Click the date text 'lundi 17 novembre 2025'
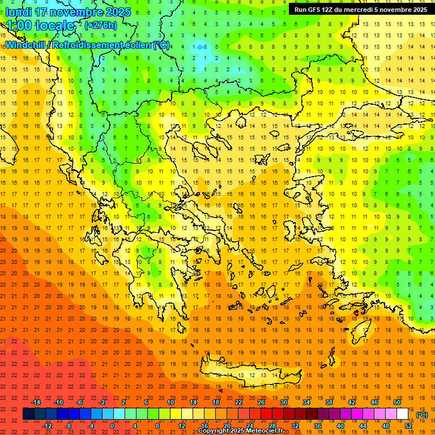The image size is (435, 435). pyautogui.click(x=68, y=12)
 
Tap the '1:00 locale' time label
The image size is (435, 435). pyautogui.click(x=41, y=25)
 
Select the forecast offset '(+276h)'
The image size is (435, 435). pyautogui.click(x=101, y=25)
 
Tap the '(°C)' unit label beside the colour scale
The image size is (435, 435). pyautogui.click(x=422, y=415)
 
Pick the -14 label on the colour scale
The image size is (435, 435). pyautogui.click(x=36, y=402)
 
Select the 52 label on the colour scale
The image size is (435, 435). pyautogui.click(x=408, y=426)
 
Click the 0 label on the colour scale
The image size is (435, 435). pyautogui.click(x=112, y=426)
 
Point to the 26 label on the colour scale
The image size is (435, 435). pyautogui.click(x=261, y=402)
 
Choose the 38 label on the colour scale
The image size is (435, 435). pyautogui.click(x=329, y=402)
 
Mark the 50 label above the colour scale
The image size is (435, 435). pyautogui.click(x=397, y=402)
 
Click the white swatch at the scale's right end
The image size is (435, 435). pyautogui.click(x=403, y=414)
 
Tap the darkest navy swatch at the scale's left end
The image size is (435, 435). pyautogui.click(x=28, y=414)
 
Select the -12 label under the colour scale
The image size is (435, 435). pyautogui.click(x=48, y=426)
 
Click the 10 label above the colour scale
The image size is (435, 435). pyautogui.click(x=170, y=402)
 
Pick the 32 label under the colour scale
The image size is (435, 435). pyautogui.click(x=295, y=426)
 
